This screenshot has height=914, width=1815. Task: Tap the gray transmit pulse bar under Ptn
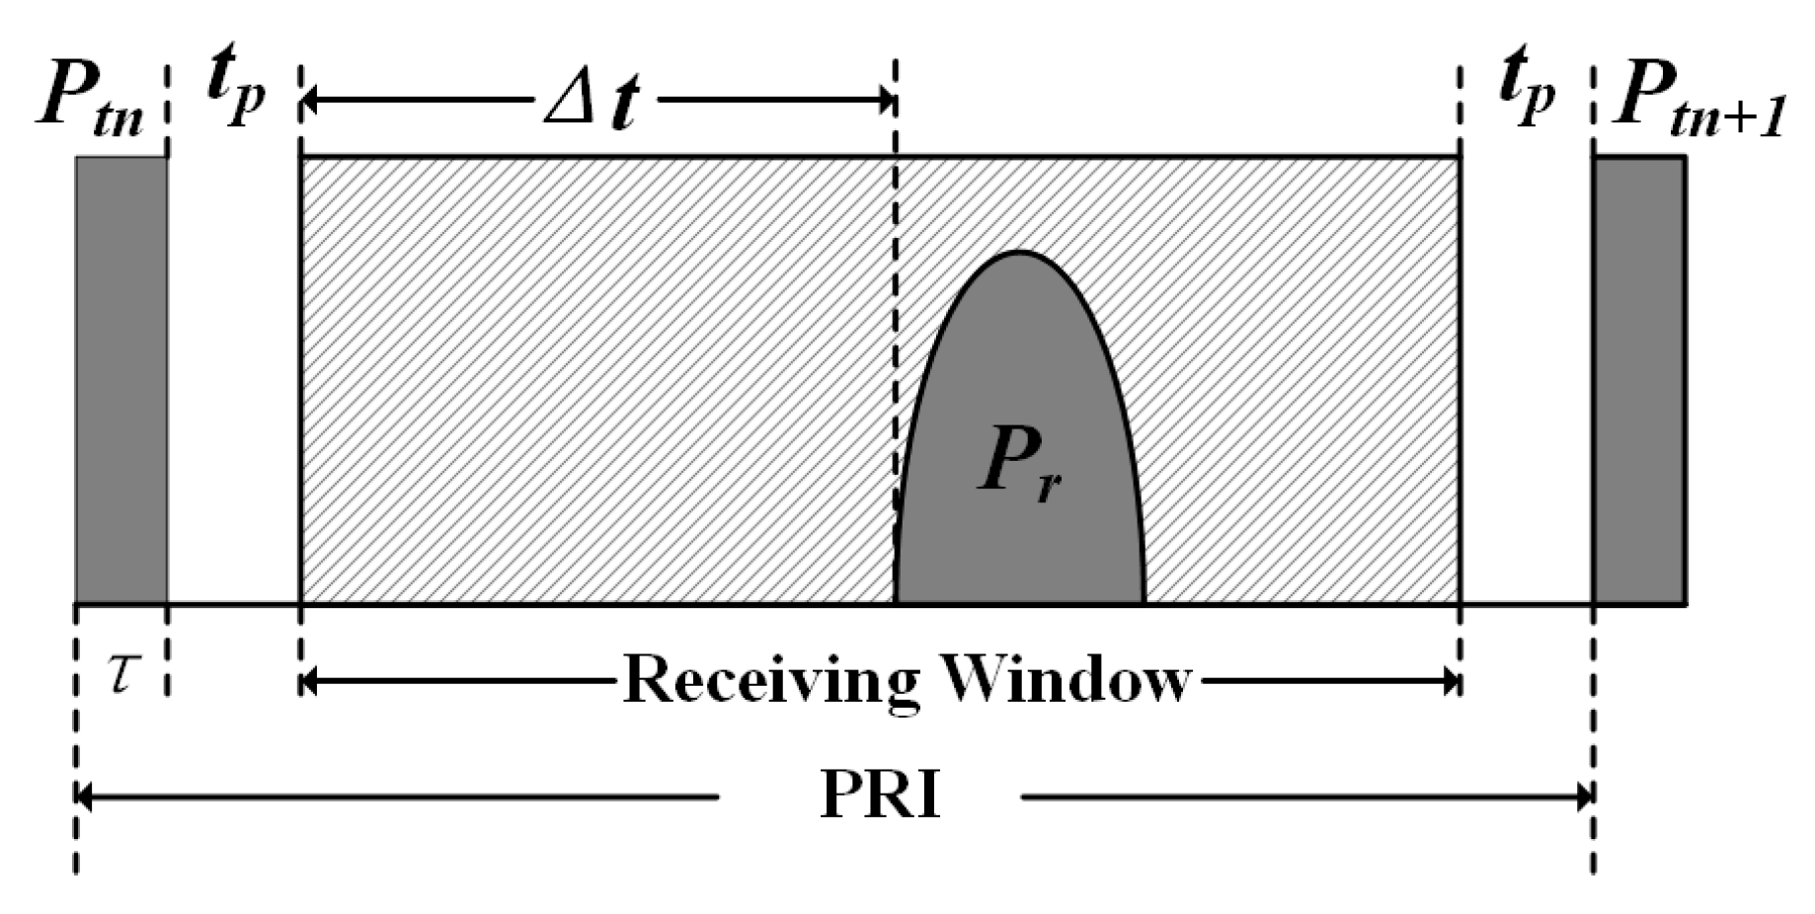[120, 379]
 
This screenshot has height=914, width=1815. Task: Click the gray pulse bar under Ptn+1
[1637, 379]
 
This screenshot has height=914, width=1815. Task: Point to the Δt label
[591, 102]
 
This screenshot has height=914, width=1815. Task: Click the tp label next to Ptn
[235, 89]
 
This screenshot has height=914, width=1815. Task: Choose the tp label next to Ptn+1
[1527, 89]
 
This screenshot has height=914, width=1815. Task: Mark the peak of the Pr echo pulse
[1019, 254]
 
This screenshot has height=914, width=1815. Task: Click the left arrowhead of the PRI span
[84, 796]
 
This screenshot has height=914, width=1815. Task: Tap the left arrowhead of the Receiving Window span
[308, 681]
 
